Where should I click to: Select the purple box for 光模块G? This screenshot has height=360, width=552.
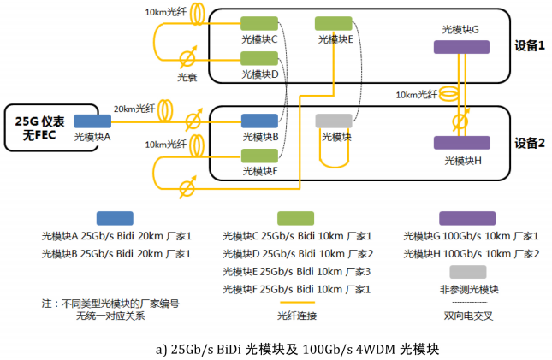pyautogui.click(x=460, y=48)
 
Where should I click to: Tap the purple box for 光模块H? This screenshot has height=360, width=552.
pyautogui.click(x=460, y=143)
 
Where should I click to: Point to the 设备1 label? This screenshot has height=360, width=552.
pyautogui.click(x=531, y=45)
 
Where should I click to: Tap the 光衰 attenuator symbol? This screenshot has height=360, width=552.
pyautogui.click(x=187, y=59)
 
